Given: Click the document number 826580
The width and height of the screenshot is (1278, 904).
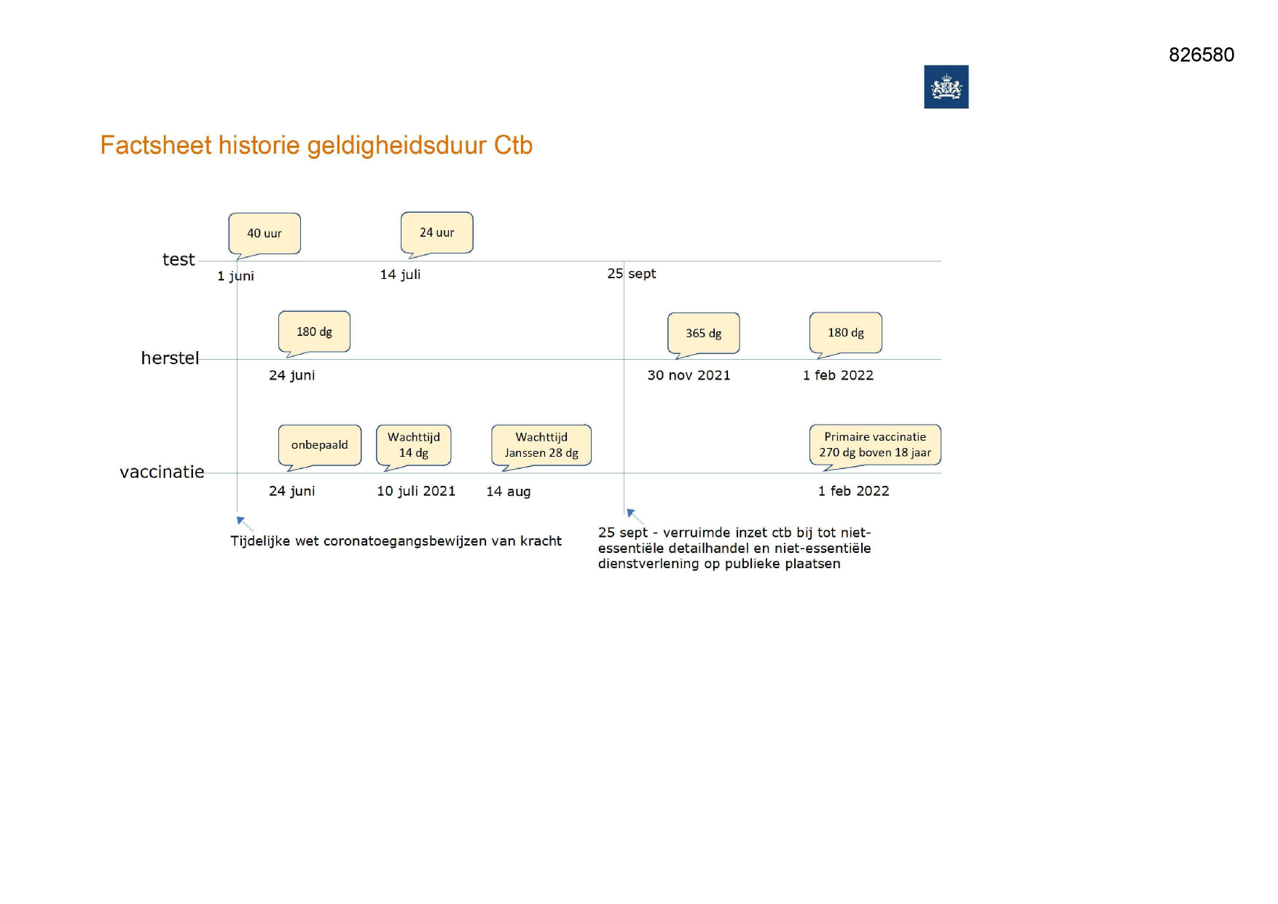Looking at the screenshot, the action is [x=1201, y=55].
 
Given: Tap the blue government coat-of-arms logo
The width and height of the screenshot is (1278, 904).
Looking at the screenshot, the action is [x=946, y=87].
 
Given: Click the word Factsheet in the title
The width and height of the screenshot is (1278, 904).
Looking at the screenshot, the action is [x=156, y=145].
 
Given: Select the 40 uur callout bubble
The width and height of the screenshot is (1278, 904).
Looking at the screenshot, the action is [x=264, y=234].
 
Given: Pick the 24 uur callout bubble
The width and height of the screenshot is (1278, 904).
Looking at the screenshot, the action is [x=437, y=233].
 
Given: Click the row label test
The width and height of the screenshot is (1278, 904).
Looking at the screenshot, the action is [x=179, y=259].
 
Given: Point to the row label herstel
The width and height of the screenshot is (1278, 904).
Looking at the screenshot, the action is [x=170, y=358].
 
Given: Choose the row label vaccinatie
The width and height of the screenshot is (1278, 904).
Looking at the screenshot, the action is [x=162, y=472].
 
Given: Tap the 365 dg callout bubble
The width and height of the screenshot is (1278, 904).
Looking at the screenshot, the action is [x=704, y=334].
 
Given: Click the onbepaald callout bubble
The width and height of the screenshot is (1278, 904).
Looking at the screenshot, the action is [x=320, y=445].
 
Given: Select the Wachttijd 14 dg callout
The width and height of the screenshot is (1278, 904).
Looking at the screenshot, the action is [x=414, y=445].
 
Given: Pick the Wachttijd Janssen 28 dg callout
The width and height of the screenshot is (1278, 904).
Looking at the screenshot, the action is [x=541, y=445].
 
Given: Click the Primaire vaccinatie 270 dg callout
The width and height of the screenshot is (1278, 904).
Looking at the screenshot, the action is [x=875, y=445].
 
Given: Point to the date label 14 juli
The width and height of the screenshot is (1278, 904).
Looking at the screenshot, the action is [x=400, y=275].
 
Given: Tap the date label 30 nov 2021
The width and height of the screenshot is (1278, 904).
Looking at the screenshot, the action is [x=689, y=375].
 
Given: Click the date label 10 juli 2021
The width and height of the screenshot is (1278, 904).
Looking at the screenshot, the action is [x=416, y=491].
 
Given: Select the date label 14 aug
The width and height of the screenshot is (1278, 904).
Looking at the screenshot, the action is [x=509, y=492].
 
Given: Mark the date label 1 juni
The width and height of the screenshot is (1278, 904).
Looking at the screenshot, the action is [x=235, y=276].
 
